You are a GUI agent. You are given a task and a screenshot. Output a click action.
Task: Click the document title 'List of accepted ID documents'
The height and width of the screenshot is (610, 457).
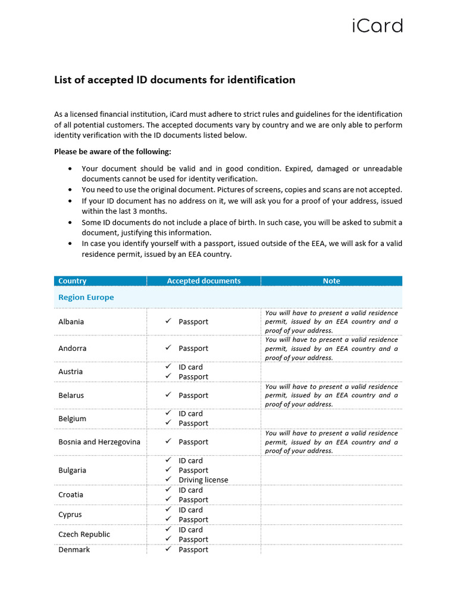[x=174, y=80]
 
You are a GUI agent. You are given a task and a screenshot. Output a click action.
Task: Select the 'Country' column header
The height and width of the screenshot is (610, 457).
[x=73, y=281]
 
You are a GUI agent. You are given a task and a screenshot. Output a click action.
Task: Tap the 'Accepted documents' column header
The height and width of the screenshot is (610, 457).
[x=204, y=281]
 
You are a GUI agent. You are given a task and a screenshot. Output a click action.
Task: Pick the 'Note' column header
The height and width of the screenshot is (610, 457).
[x=331, y=281]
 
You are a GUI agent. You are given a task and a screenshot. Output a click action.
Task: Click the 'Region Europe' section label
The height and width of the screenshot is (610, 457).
[x=86, y=297]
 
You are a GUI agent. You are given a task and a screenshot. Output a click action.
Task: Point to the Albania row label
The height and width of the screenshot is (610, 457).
[x=71, y=322]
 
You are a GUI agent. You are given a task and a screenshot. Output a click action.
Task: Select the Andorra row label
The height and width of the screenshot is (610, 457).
[x=73, y=348]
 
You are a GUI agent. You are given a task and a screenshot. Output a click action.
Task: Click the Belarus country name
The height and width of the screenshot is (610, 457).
[x=71, y=396]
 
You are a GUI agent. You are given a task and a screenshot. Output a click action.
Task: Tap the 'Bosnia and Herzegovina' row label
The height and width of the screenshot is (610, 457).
[x=99, y=442]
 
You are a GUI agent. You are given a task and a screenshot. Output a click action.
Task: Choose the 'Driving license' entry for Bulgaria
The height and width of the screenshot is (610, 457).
[x=203, y=480]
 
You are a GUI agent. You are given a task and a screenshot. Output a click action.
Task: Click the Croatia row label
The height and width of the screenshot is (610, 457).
[x=71, y=495]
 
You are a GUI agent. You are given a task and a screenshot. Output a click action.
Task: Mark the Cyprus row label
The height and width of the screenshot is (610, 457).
[x=70, y=515]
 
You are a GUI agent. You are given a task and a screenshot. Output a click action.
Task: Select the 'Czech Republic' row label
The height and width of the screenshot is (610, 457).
[x=84, y=534]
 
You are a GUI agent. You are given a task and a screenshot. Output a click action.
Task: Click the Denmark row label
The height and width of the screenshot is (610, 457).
[x=74, y=550]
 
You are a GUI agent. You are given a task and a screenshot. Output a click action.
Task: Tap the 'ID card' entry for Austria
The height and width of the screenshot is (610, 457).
[x=190, y=368]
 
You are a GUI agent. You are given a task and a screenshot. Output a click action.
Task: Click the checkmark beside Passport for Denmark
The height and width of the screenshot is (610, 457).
[x=168, y=549]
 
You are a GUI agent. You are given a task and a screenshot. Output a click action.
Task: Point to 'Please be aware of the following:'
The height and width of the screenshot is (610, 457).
[x=112, y=152]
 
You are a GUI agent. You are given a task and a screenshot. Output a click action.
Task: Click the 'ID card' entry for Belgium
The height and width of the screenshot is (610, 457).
[x=190, y=414]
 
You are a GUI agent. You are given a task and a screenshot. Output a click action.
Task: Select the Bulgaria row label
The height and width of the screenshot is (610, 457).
[x=72, y=471]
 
